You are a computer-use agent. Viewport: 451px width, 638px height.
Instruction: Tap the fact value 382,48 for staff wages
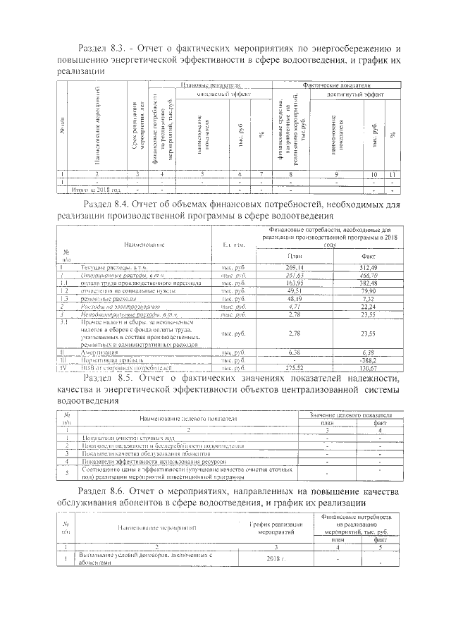pyautogui.click(x=369, y=283)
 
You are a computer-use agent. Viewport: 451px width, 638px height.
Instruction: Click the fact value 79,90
pyautogui.click(x=369, y=290)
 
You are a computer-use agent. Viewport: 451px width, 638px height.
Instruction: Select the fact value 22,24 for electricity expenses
pyautogui.click(x=369, y=307)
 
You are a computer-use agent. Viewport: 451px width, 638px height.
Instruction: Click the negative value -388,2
pyautogui.click(x=369, y=359)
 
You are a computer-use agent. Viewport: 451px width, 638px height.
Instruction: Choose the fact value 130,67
pyautogui.click(x=369, y=367)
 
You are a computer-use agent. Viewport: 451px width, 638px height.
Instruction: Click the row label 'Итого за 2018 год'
pyautogui.click(x=97, y=190)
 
